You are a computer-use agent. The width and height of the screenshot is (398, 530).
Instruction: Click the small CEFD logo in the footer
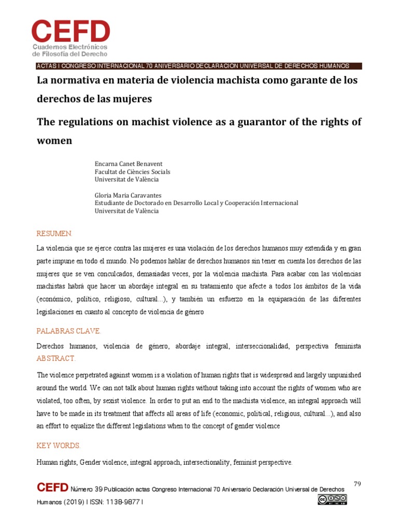(x=52, y=488)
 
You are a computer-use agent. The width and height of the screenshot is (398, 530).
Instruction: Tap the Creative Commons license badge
(x=332, y=499)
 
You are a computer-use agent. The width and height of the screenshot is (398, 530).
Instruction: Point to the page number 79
(x=357, y=484)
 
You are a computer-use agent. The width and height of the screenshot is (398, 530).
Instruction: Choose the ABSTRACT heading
(x=56, y=358)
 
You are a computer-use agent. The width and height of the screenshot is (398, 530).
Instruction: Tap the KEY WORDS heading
(x=58, y=446)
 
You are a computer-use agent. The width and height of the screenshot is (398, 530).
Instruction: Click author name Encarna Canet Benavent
(x=129, y=164)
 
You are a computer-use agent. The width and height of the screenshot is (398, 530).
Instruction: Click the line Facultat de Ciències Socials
(x=132, y=171)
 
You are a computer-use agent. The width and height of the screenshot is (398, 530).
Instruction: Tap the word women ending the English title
(x=54, y=140)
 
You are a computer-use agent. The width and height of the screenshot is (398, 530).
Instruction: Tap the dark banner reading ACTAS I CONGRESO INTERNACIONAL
(x=198, y=66)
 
